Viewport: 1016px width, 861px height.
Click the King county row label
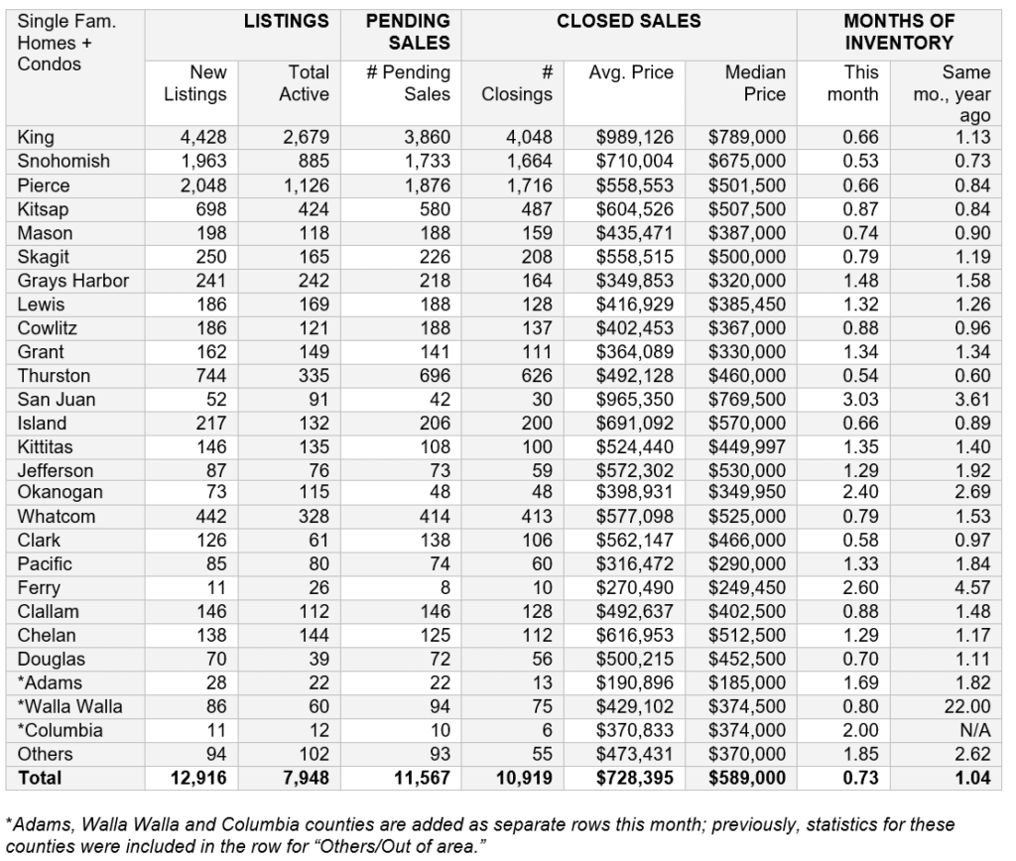coord(36,137)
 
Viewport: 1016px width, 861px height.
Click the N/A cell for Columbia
coord(974,730)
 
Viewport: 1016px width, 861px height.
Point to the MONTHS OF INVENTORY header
coord(899,32)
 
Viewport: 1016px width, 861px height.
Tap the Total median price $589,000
coord(746,779)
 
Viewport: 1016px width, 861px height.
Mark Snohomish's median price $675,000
coord(746,161)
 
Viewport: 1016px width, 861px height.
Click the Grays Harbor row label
coord(73,281)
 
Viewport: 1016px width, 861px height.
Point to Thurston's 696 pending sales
coord(434,375)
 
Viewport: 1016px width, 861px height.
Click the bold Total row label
coord(39,779)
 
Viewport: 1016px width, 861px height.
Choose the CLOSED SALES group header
coord(629,21)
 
